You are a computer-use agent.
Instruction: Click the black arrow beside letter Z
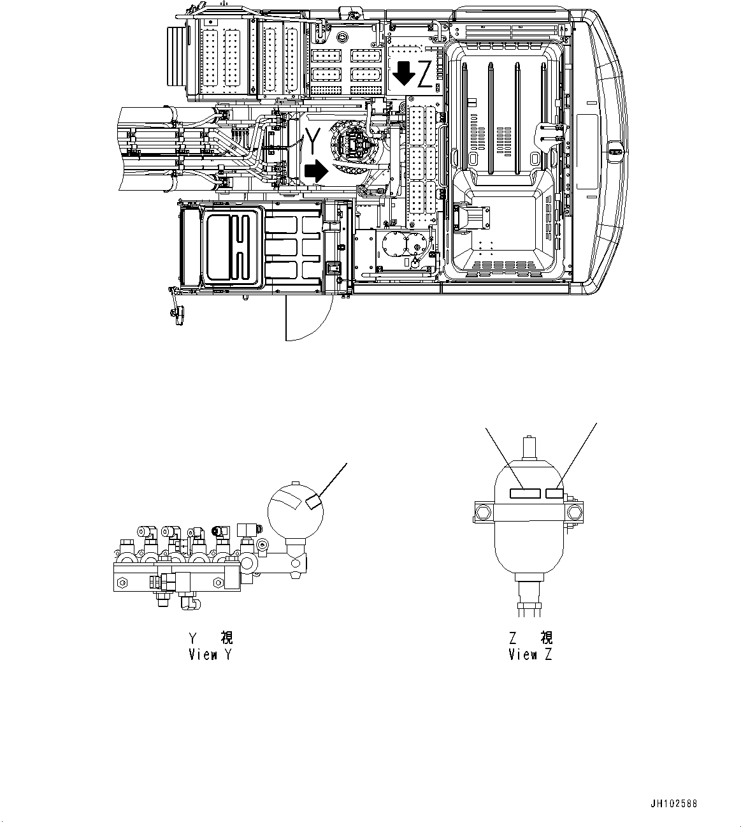tap(404, 73)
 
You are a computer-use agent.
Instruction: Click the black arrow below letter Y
tap(314, 171)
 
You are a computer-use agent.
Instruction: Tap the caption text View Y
tap(211, 654)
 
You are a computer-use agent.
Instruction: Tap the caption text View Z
tap(531, 654)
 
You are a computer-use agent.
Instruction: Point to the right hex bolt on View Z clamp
tap(577, 511)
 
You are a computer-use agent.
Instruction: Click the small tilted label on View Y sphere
tap(313, 502)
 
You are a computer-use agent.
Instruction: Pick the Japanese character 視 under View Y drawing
tap(227, 637)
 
